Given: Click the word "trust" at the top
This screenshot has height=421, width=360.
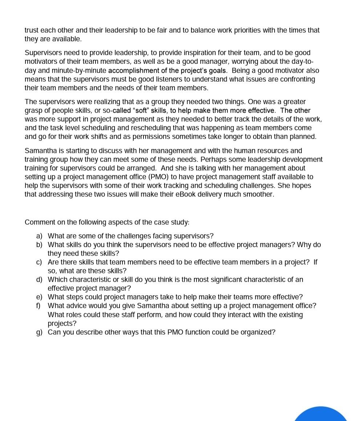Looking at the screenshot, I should point(32,30).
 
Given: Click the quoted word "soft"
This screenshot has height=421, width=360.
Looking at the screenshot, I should point(142,110).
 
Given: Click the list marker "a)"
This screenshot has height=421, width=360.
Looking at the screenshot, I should point(39,236).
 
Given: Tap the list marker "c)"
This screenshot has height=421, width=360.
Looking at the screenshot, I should point(39,262).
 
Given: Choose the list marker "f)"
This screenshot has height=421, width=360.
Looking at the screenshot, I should point(39,306).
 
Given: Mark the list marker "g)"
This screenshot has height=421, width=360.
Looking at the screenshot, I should point(39,332).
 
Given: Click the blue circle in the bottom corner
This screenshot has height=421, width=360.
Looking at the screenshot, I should point(321,415).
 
